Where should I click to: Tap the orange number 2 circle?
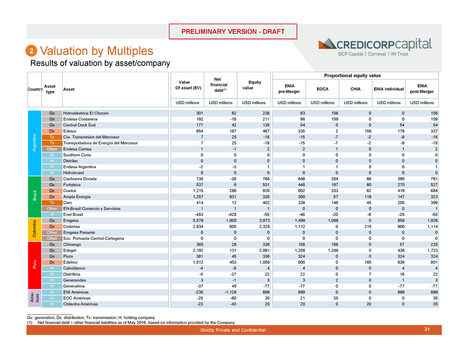(x=32, y=51)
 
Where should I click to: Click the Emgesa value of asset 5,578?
(x=194, y=220)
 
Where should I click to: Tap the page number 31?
(x=426, y=330)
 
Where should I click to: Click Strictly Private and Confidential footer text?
(x=232, y=330)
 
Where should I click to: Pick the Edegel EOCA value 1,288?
(x=321, y=250)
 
